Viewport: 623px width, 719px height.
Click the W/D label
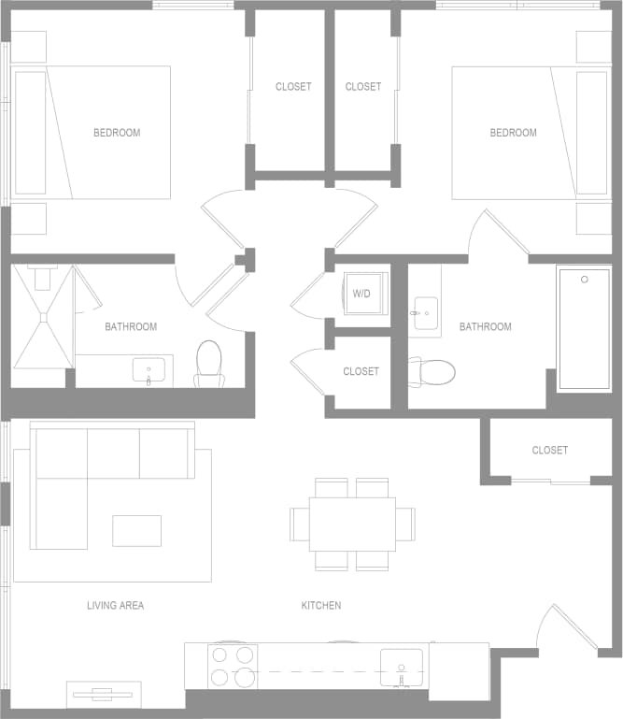tap(361, 294)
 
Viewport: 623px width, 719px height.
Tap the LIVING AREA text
tap(115, 606)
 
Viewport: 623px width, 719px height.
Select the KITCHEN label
tap(320, 606)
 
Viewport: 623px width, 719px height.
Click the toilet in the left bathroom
tap(209, 364)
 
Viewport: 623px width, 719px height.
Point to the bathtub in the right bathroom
tap(584, 327)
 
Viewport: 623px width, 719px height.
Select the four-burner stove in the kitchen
tap(233, 666)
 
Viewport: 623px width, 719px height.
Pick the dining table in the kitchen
tap(352, 524)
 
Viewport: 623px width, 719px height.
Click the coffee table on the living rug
tap(136, 530)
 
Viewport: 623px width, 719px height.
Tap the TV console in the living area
tap(104, 694)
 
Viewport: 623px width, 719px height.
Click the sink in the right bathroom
tap(424, 309)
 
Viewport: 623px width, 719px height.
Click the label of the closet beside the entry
tap(549, 450)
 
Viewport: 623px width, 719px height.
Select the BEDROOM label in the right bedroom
tap(513, 133)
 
